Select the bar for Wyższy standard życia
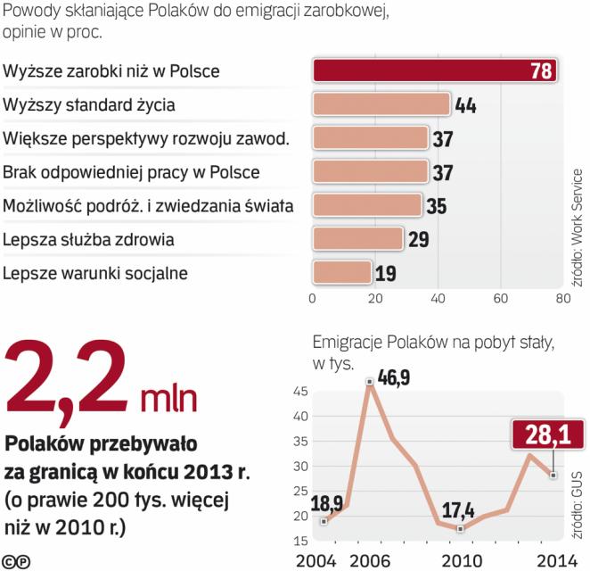pos(381,104)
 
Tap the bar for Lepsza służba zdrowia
pos(357,238)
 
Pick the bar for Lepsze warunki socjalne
pos(341,272)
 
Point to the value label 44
pos(466,105)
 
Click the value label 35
pos(436,206)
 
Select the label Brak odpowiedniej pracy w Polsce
pos(131,172)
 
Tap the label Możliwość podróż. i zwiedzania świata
pos(148,206)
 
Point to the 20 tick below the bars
pos(374,298)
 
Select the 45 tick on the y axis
pos(299,392)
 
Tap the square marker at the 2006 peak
pos(369,382)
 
